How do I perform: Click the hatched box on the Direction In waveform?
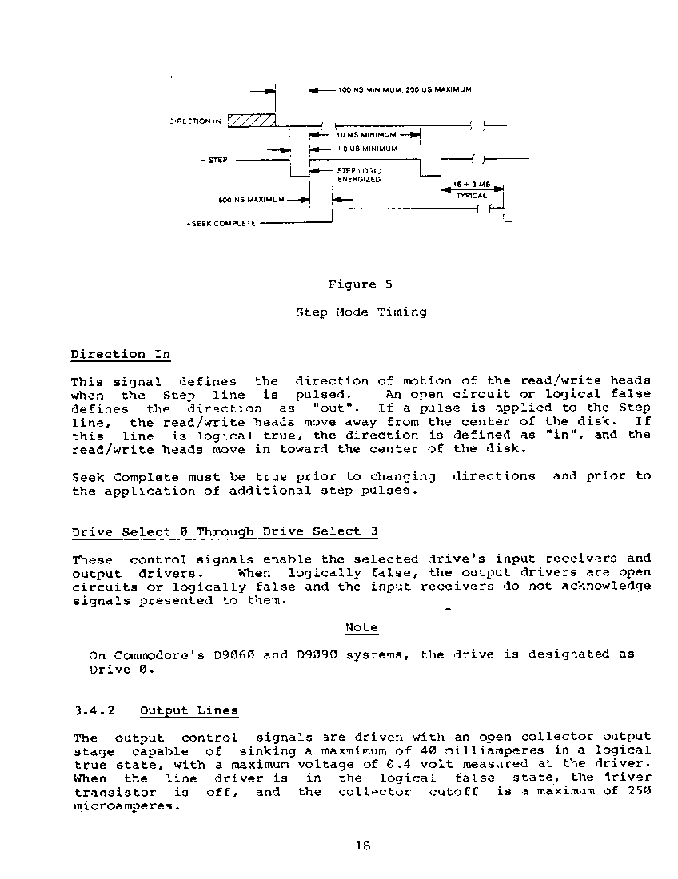click(x=251, y=120)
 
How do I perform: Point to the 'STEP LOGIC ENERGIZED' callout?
click(x=359, y=175)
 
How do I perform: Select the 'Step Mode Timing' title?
click(x=361, y=312)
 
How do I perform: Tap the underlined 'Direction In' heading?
click(x=120, y=354)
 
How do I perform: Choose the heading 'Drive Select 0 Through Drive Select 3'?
click(x=225, y=531)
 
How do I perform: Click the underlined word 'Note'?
click(x=361, y=628)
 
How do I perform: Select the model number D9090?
click(x=316, y=654)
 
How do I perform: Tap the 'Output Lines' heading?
click(x=189, y=710)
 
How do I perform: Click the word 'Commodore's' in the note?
click(x=150, y=654)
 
